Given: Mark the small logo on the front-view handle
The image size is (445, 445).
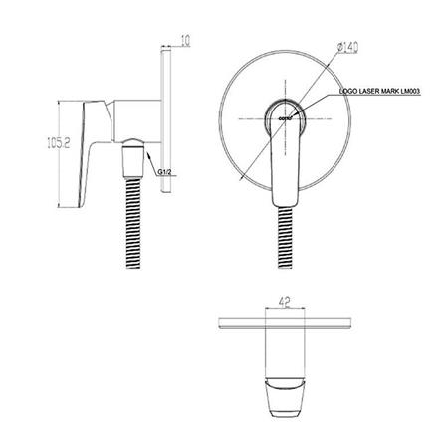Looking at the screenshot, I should coord(282,118).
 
